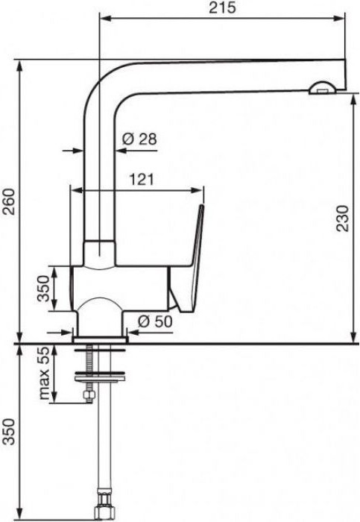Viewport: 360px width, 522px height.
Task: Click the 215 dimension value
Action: (x=222, y=7)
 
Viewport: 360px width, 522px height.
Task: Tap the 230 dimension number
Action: (x=344, y=218)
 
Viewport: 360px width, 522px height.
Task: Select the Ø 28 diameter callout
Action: (x=139, y=139)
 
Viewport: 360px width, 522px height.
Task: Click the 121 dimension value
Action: (x=142, y=180)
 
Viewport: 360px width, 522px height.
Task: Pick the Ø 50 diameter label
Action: (x=155, y=321)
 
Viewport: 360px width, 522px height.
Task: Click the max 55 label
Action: (x=44, y=373)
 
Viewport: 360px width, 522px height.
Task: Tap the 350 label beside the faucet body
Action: (x=42, y=289)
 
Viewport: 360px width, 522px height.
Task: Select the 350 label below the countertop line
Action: (x=8, y=432)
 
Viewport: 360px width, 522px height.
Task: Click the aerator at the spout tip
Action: (x=323, y=88)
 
